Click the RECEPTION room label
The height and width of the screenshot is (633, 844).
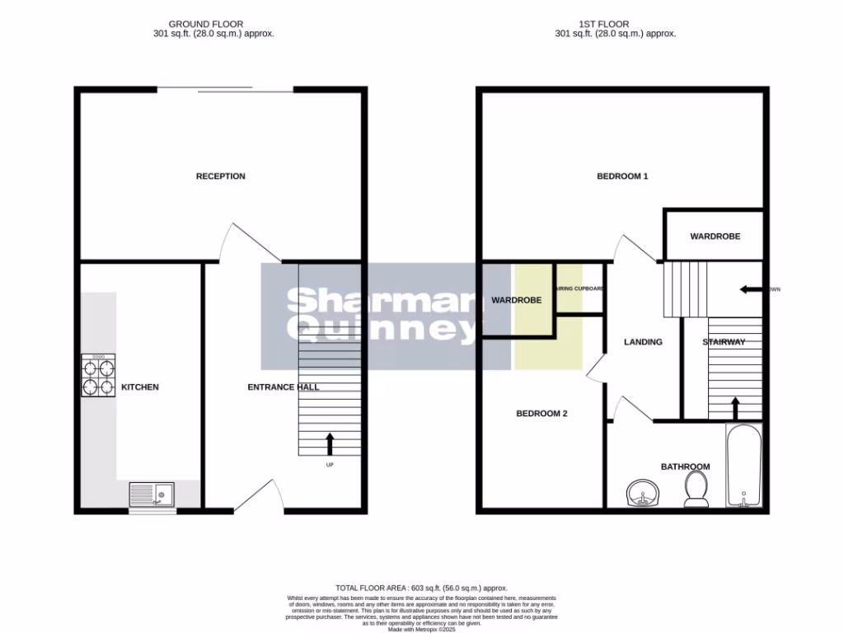[x=220, y=176]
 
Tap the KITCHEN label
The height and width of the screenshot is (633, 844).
[x=140, y=387]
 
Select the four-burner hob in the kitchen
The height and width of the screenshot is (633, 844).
[x=98, y=376]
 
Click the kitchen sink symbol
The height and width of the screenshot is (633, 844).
[x=152, y=495]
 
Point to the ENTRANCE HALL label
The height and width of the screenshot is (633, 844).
[x=284, y=387]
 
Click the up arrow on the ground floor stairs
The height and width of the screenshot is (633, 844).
[x=330, y=443]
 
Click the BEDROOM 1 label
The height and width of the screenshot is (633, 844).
[x=622, y=176]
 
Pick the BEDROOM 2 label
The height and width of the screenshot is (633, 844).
[x=542, y=414]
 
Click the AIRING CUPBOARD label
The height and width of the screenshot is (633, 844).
[x=580, y=288]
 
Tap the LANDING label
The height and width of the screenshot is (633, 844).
[x=643, y=342]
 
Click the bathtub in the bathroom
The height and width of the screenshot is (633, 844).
[x=743, y=466]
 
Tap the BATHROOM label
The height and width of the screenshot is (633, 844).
[x=685, y=467]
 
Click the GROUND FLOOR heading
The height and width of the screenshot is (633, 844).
[x=206, y=24]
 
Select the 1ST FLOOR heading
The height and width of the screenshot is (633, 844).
[x=616, y=24]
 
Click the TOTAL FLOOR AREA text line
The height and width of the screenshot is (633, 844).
[x=421, y=588]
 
